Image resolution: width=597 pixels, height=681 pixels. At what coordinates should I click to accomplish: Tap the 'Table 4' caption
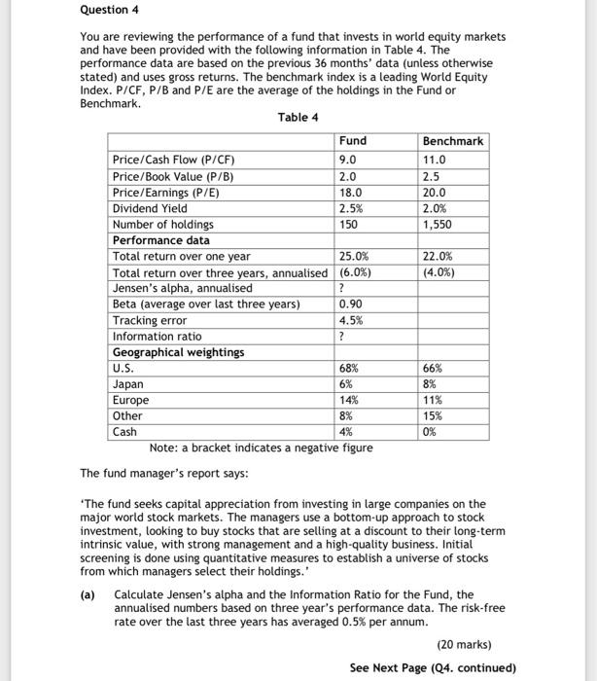coord(298,118)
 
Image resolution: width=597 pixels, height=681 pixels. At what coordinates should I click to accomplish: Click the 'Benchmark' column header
coord(453,141)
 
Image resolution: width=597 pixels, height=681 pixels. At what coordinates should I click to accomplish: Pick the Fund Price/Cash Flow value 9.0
coord(348,160)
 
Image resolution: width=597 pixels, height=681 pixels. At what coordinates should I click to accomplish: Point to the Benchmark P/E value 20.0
coord(435,193)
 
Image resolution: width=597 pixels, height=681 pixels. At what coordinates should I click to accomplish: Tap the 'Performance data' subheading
coord(161,240)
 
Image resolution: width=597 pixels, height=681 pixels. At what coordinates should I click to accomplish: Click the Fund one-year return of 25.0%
coord(354,257)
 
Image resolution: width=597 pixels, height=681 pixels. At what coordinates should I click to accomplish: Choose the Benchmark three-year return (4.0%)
coord(439,272)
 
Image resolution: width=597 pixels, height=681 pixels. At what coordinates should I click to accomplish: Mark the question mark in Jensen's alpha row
coord(342,288)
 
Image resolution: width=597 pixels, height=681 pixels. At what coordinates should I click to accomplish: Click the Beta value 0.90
coord(351,304)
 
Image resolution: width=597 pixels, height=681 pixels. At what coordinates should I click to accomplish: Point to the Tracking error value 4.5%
coord(351,320)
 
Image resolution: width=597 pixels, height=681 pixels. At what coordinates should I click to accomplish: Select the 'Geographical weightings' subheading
coord(178,352)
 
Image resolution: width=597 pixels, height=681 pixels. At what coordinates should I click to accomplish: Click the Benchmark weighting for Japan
coord(431,384)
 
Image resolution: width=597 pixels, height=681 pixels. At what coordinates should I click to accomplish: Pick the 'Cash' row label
coord(125,432)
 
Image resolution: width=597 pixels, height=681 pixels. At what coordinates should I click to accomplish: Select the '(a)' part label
coord(88,593)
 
